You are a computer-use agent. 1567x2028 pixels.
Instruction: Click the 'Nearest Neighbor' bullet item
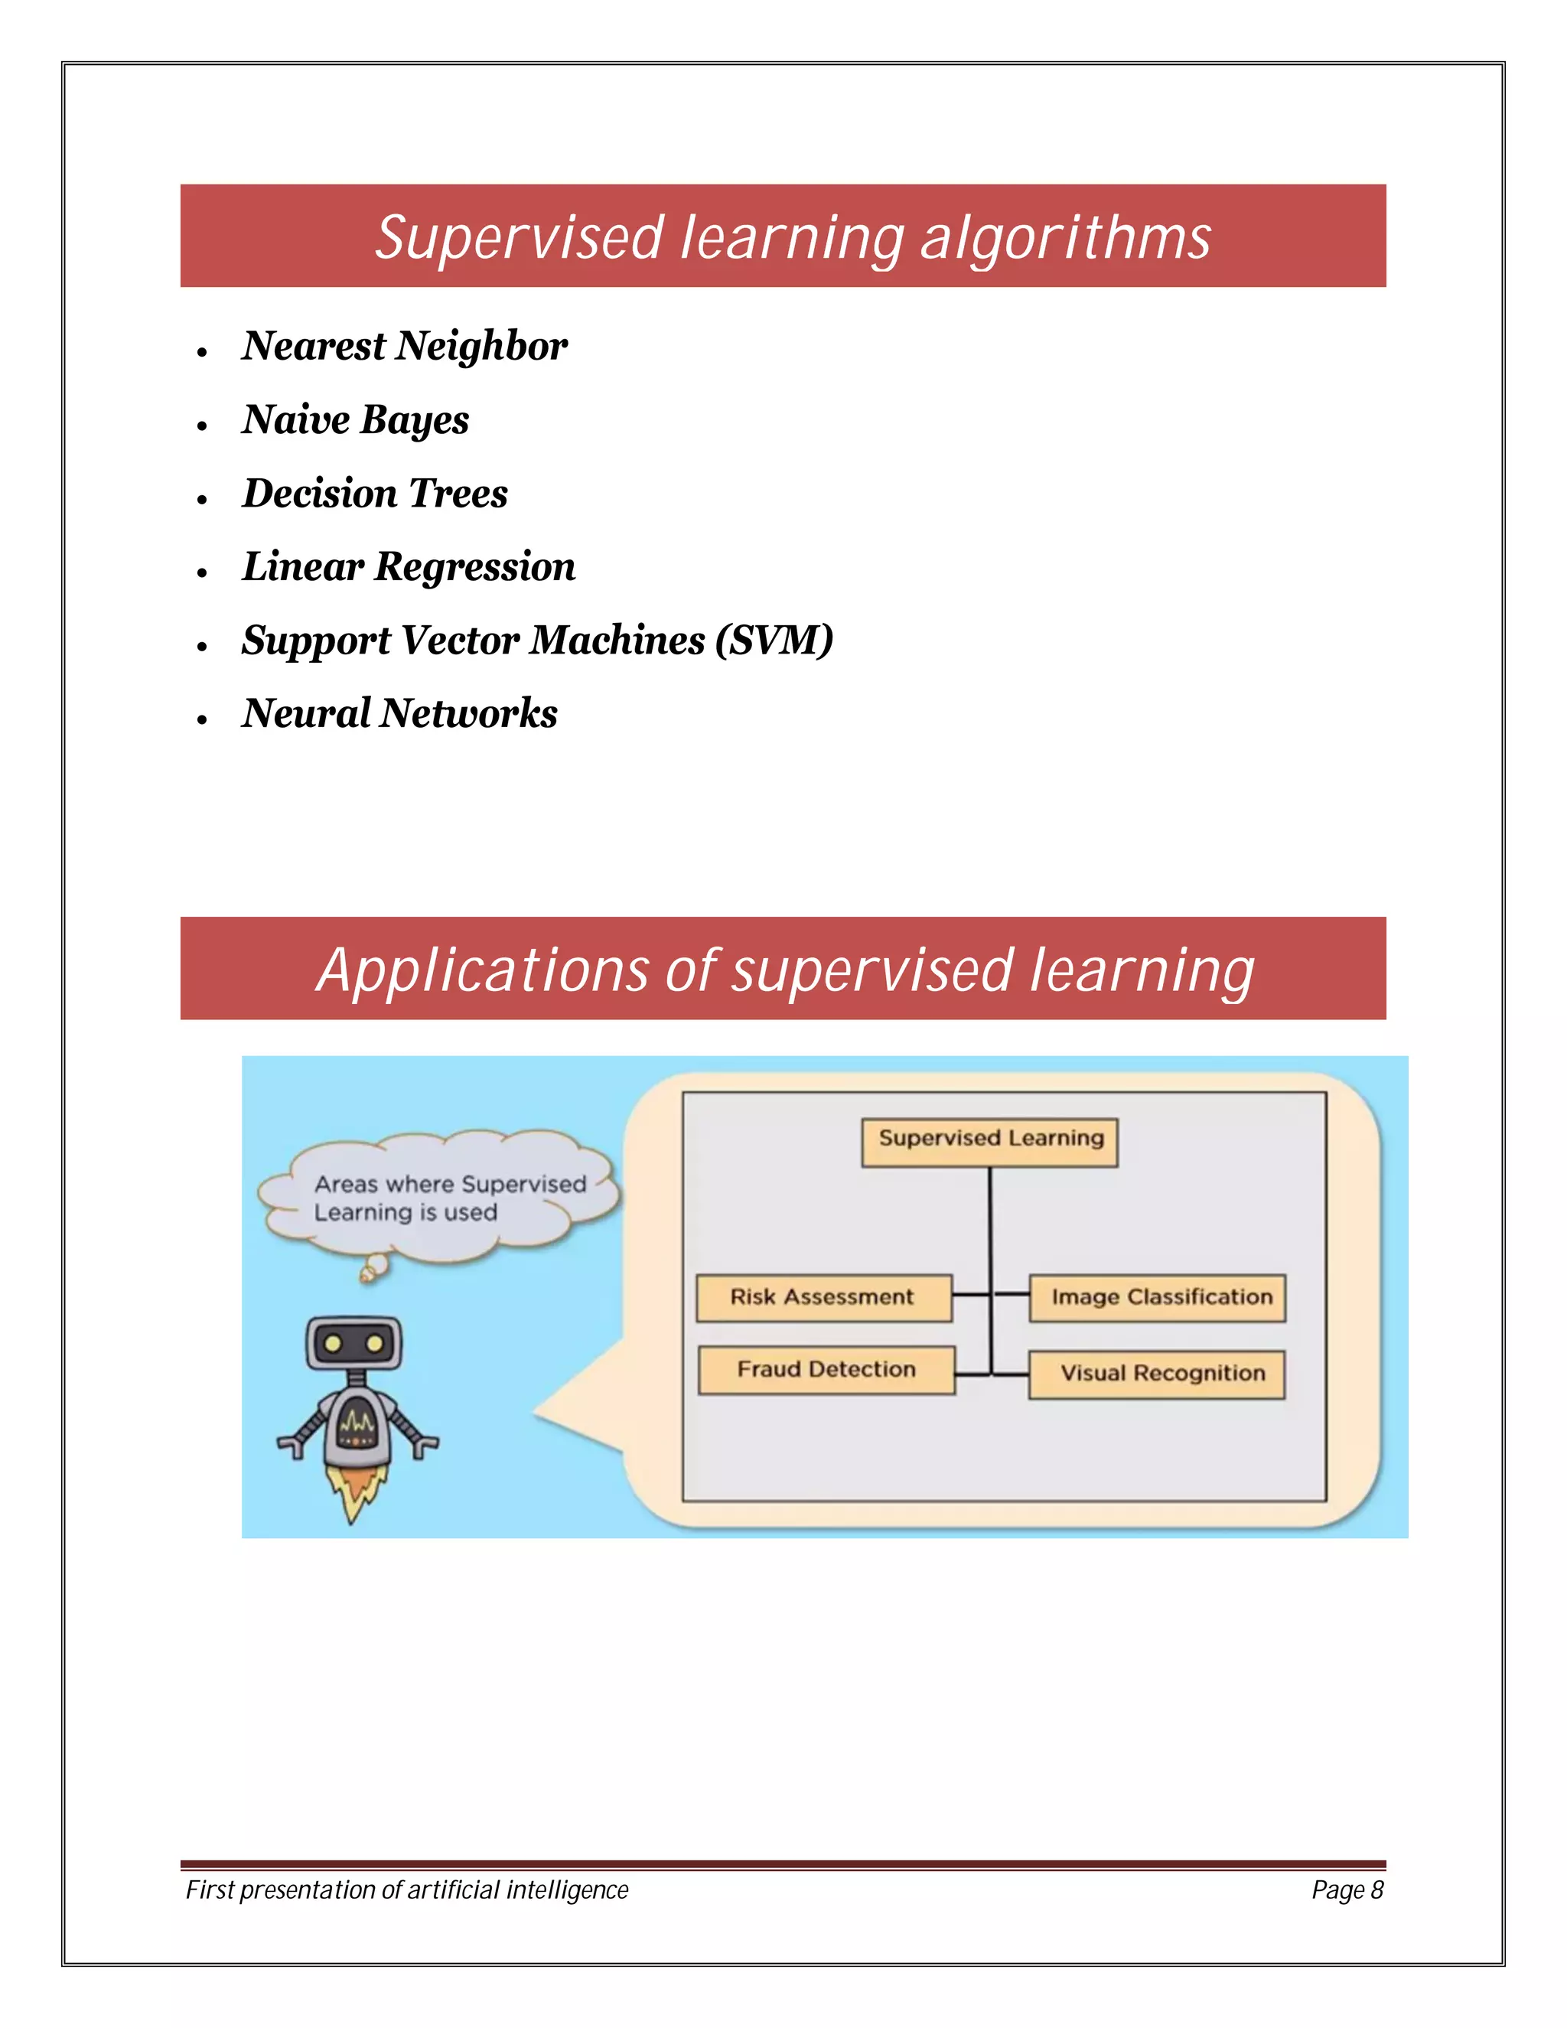tap(404, 347)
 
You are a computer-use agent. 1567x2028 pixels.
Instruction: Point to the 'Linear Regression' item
tap(409, 566)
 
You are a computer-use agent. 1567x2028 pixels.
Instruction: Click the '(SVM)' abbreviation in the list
tap(774, 640)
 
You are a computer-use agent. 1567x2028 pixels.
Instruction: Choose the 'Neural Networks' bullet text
tap(399, 713)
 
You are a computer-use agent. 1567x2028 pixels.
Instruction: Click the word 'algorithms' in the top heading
tap(1065, 238)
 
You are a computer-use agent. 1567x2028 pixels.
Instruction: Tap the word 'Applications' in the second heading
tap(483, 970)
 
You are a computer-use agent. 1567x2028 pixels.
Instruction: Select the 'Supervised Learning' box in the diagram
tap(989, 1141)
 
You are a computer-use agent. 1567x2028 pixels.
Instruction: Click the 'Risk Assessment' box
tap(823, 1297)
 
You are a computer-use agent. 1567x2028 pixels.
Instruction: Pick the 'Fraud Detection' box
tap(826, 1370)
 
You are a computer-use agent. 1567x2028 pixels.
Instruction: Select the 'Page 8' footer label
tap(1347, 1889)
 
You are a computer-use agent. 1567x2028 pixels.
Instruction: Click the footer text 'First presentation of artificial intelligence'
tap(406, 1889)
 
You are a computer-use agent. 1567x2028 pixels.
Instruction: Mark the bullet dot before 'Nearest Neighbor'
tap(201, 352)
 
